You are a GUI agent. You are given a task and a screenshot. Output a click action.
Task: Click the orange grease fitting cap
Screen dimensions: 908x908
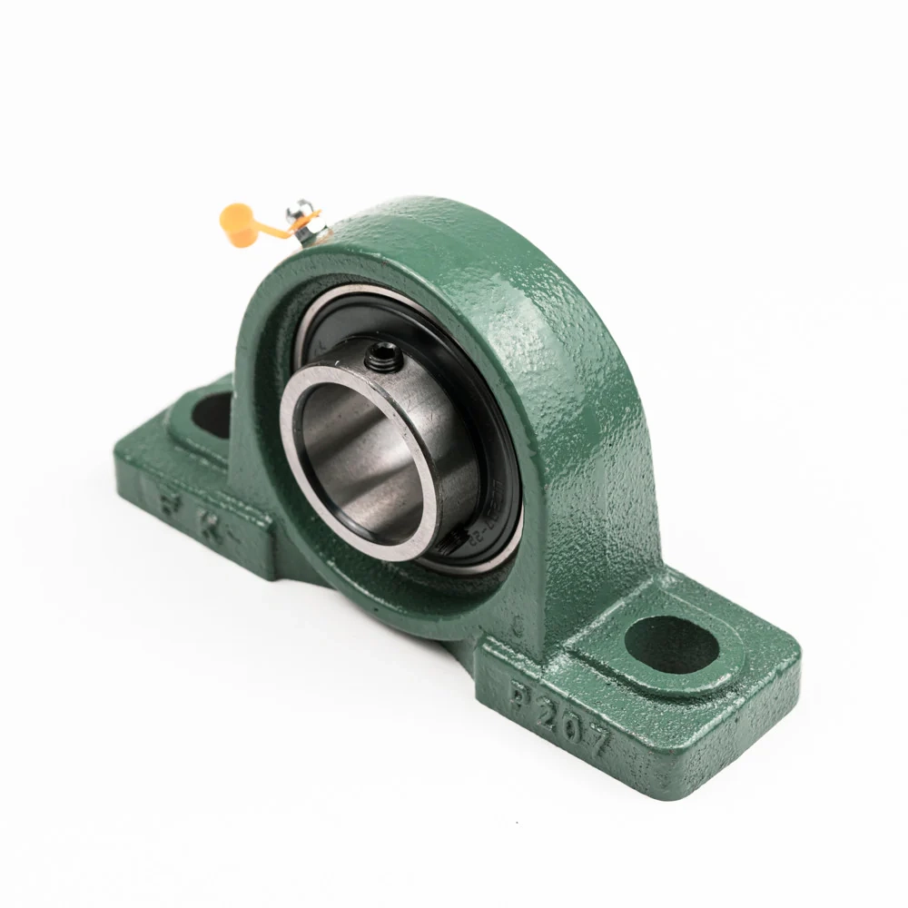(x=237, y=224)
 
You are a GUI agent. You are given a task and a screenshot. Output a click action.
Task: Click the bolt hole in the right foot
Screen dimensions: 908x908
(x=672, y=644)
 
